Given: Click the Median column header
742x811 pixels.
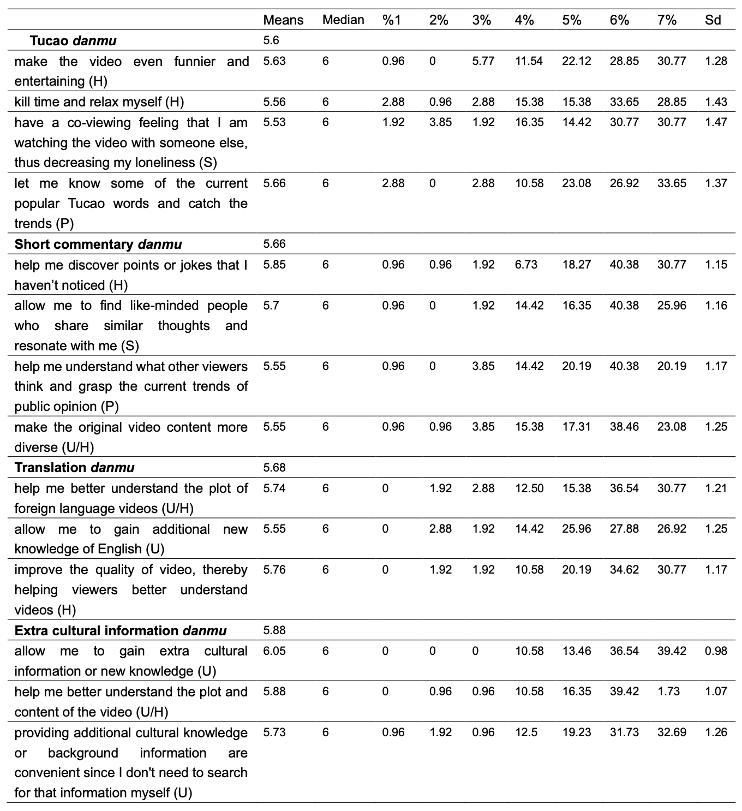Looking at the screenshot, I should (x=343, y=20).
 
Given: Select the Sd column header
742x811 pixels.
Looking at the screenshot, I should (x=713, y=20).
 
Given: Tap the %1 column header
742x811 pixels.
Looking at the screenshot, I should (x=392, y=20).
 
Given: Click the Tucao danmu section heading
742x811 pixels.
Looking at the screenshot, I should (x=73, y=41).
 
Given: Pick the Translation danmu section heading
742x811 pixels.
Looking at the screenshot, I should (x=74, y=468).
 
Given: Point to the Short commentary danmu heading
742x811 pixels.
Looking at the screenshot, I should (x=98, y=244).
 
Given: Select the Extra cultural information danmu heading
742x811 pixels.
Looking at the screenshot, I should (x=120, y=631).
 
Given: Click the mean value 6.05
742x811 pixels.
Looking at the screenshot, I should (x=274, y=651).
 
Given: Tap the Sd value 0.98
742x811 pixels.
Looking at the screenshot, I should (x=716, y=651).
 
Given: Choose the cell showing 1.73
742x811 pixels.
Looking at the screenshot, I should (x=668, y=691).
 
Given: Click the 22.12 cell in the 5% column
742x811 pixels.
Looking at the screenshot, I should (x=576, y=61).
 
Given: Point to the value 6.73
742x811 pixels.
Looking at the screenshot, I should (x=525, y=265).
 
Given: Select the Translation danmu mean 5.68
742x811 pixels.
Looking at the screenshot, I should (x=274, y=468).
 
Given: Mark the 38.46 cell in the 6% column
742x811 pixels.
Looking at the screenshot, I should (x=624, y=427).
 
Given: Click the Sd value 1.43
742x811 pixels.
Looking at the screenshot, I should (x=716, y=102).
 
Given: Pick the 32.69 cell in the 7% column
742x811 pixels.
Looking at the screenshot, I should (x=672, y=732).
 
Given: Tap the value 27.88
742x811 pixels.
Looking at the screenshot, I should (x=624, y=529).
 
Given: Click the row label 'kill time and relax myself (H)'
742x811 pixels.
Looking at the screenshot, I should (x=99, y=102).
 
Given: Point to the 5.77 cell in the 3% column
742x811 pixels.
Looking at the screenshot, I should (x=483, y=61).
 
